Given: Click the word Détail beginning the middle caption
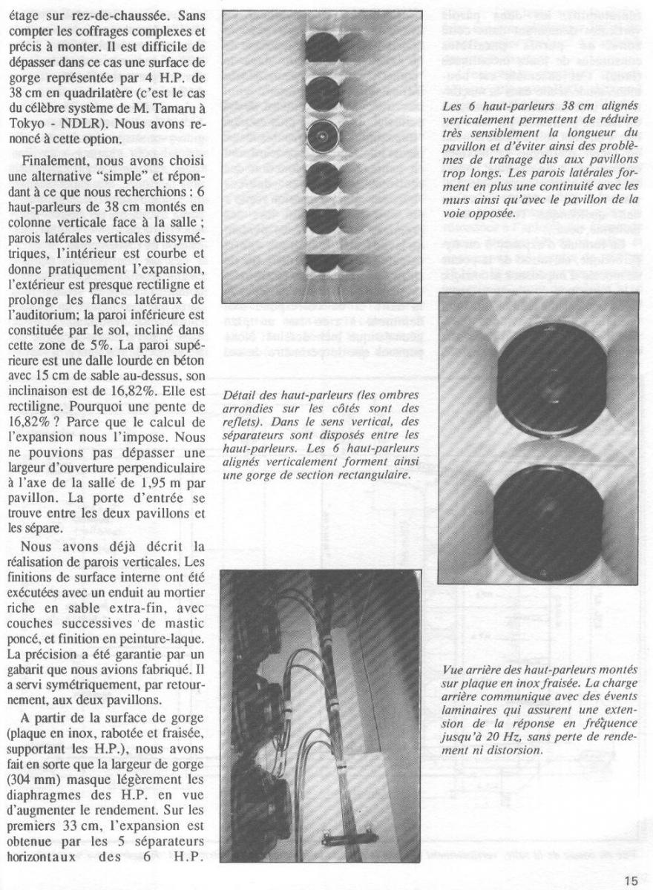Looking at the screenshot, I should pyautogui.click(x=240, y=395).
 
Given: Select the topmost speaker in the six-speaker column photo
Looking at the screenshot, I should pyautogui.click(x=322, y=46).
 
